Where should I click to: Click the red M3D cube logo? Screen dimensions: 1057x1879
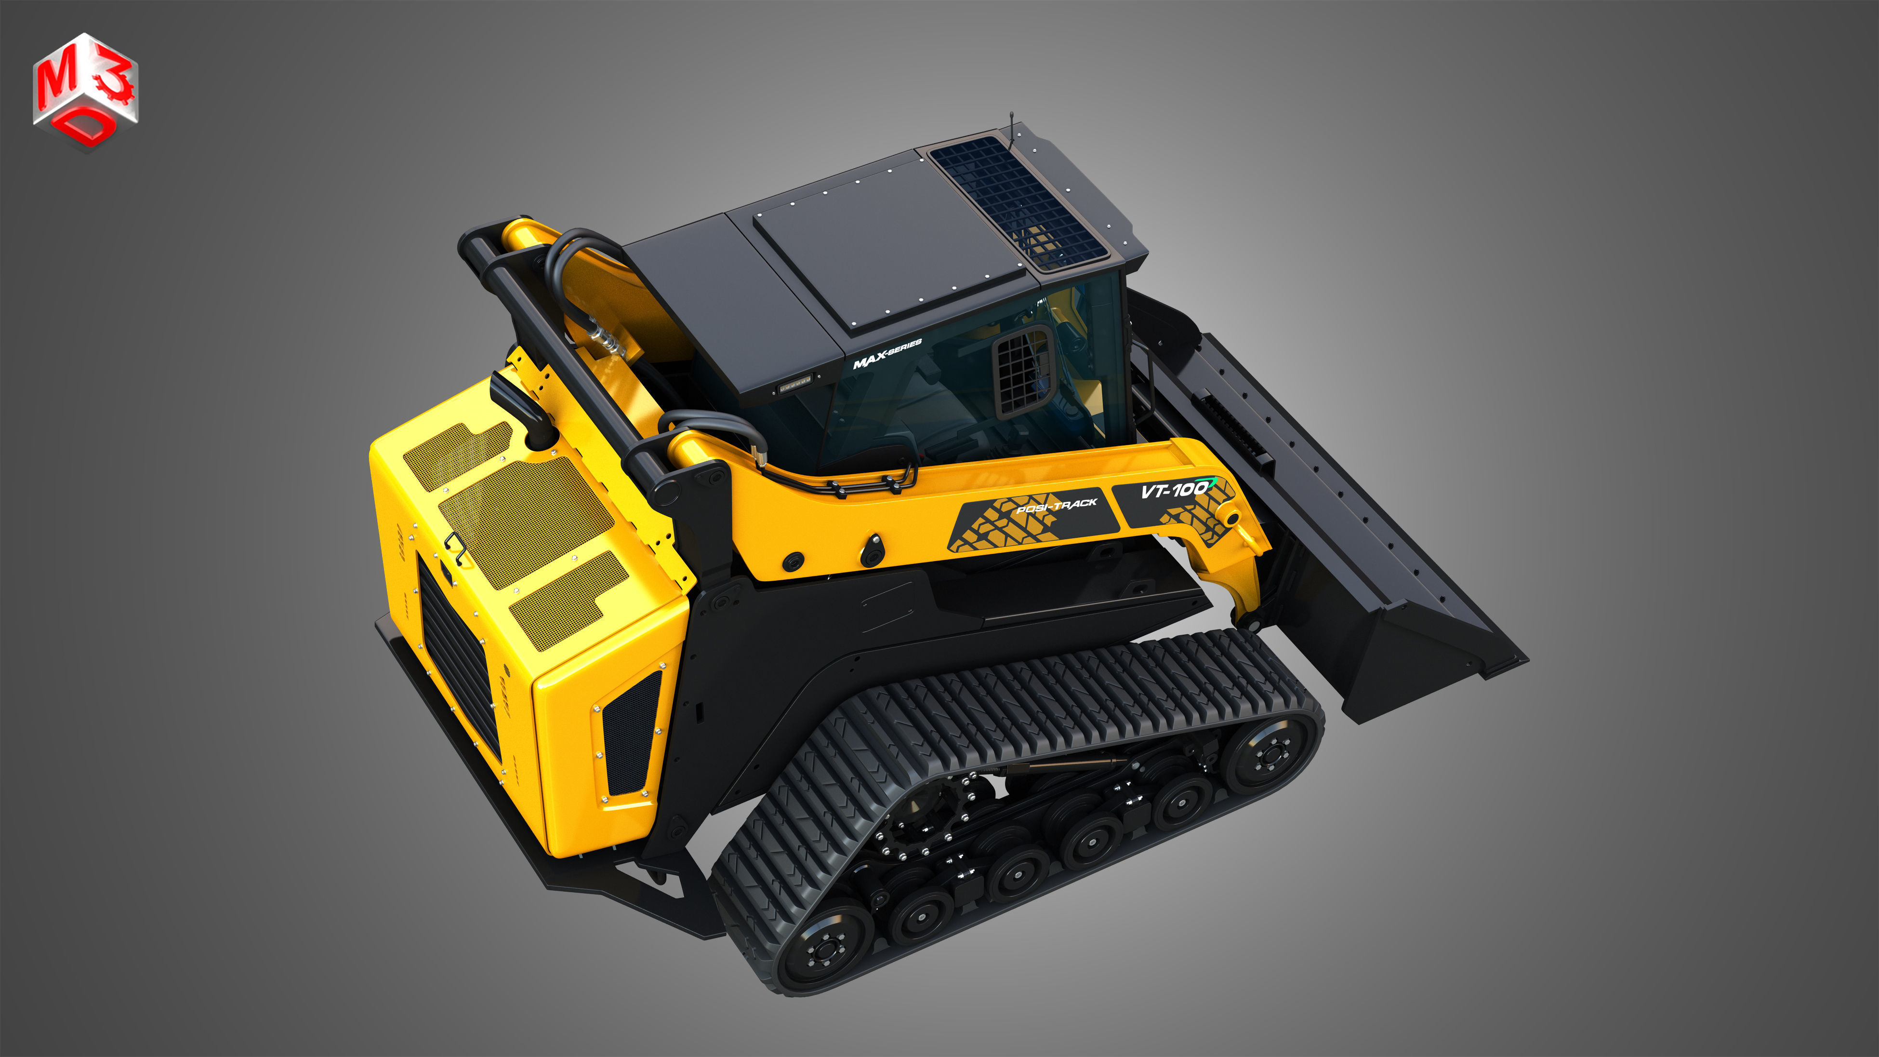point(85,91)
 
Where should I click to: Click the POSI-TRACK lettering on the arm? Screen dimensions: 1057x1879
point(1056,505)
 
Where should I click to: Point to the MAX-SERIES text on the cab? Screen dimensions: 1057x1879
point(887,354)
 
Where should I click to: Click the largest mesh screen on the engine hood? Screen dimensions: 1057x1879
point(527,522)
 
